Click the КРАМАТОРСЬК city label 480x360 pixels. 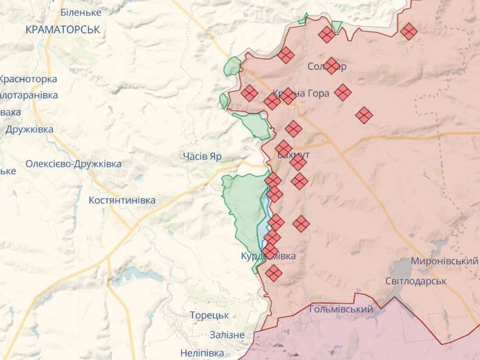click(63, 30)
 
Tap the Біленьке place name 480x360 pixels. click(80, 12)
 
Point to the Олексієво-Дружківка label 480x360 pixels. click(73, 164)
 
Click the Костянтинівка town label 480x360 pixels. click(122, 200)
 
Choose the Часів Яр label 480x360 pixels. click(202, 156)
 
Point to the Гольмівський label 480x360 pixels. click(341, 309)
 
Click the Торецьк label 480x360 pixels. click(209, 315)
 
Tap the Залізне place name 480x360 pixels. click(227, 335)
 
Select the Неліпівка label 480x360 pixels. click(202, 353)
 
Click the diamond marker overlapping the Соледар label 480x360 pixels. click(331, 66)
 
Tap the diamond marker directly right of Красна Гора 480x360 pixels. click(343, 93)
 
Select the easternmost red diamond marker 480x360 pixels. click(409, 31)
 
